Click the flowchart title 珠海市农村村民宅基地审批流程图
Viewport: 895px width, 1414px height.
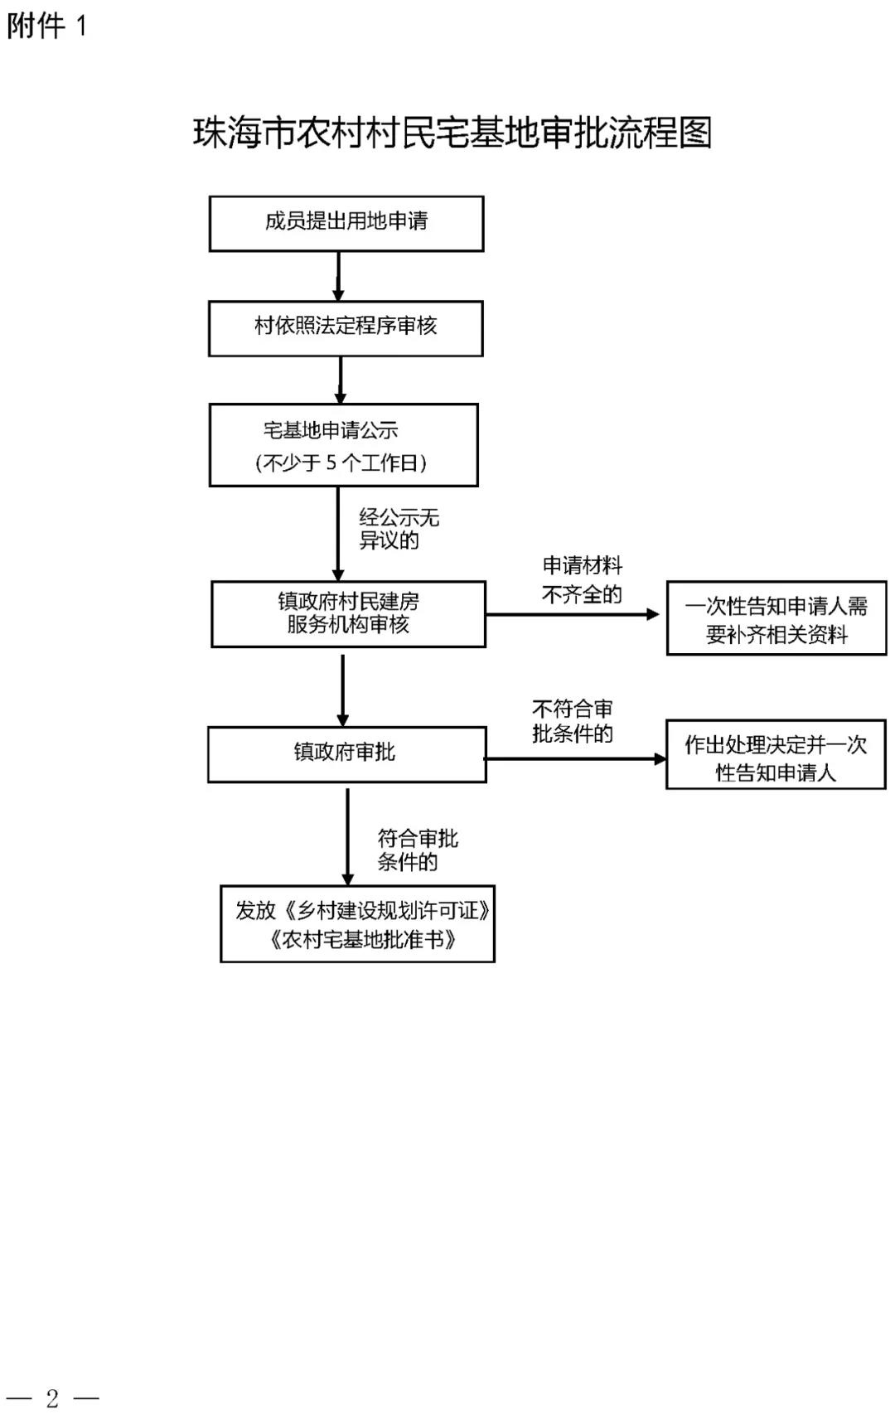pos(452,133)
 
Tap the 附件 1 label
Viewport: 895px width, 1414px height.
pos(46,27)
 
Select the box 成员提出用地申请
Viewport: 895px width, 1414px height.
pos(346,224)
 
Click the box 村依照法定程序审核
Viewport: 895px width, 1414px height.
pos(346,328)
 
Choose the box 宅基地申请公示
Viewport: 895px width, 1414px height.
pos(343,445)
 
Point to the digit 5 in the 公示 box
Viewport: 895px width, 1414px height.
pos(331,462)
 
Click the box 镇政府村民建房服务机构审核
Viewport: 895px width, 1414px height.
pos(348,614)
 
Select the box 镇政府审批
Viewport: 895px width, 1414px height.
pos(347,754)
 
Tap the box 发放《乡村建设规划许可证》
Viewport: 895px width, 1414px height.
pos(357,923)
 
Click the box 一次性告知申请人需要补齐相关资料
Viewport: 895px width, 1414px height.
pos(776,618)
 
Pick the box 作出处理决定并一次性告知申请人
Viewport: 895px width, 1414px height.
pos(776,754)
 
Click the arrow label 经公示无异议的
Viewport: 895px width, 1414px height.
pos(399,528)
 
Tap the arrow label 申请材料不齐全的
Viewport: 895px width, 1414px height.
pos(582,579)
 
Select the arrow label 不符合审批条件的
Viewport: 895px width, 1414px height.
pos(573,721)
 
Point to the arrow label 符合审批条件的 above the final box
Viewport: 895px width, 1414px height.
pos(417,850)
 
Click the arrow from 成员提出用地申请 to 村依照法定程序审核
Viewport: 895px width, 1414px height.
pos(338,277)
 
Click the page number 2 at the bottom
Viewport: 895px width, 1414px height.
pos(52,1398)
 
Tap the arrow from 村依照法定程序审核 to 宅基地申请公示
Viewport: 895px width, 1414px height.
pos(341,380)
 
